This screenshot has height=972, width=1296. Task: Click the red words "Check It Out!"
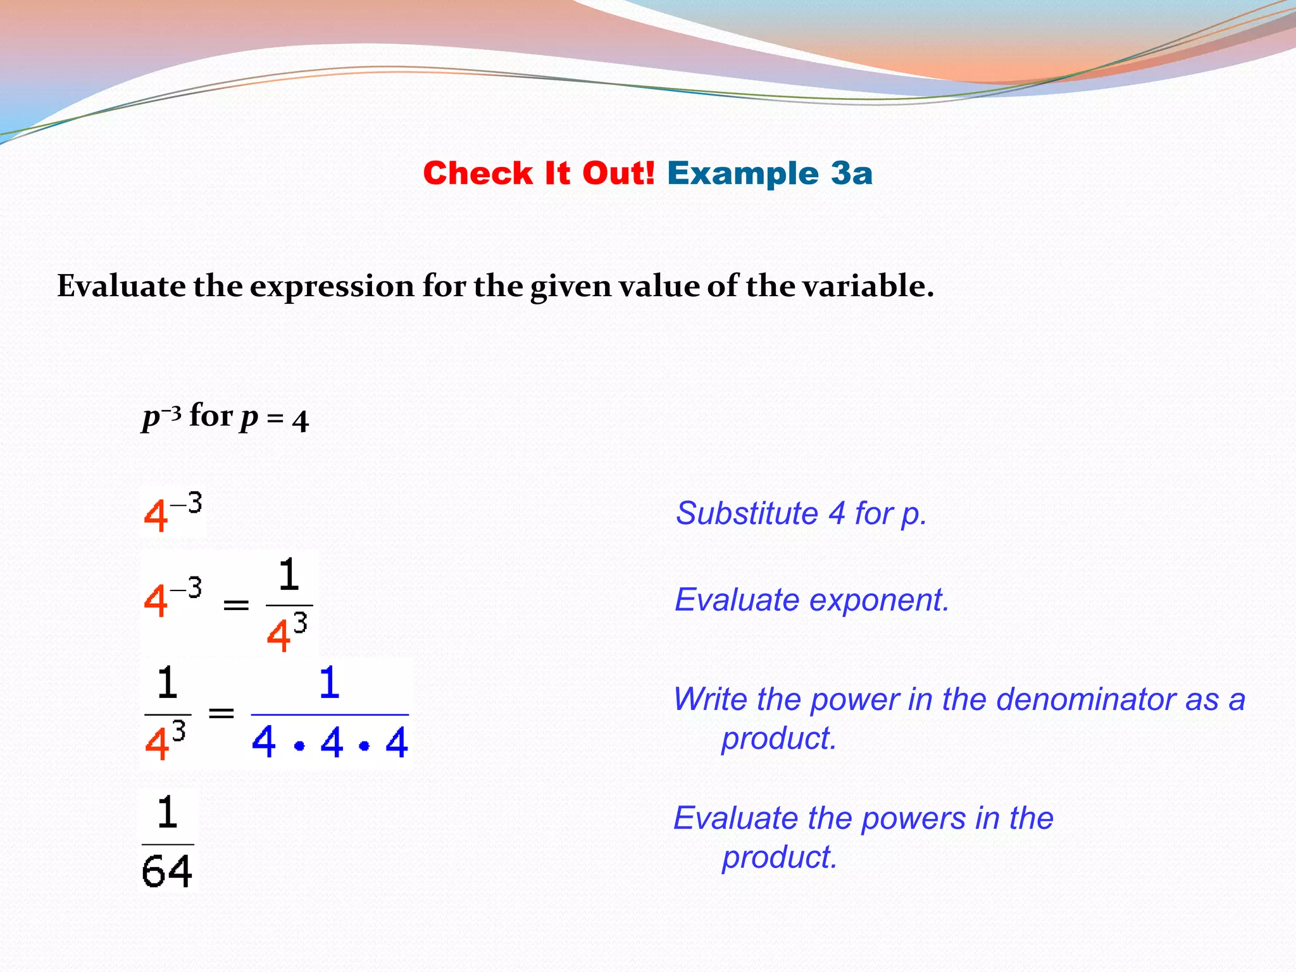coord(539,173)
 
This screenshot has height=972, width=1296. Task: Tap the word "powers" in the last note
coord(914,818)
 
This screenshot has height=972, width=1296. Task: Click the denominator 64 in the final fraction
coord(166,871)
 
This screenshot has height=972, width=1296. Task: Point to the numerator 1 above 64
coord(167,813)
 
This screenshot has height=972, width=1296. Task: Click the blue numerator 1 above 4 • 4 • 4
coord(329,683)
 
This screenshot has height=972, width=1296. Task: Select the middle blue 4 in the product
coord(332,743)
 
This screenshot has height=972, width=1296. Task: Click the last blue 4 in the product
coord(397,743)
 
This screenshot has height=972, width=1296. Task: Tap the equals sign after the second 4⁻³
coord(236,606)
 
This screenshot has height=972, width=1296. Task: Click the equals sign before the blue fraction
coord(221,714)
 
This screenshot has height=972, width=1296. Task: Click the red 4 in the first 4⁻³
coord(156,516)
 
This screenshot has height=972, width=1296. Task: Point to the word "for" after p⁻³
coord(211,416)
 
